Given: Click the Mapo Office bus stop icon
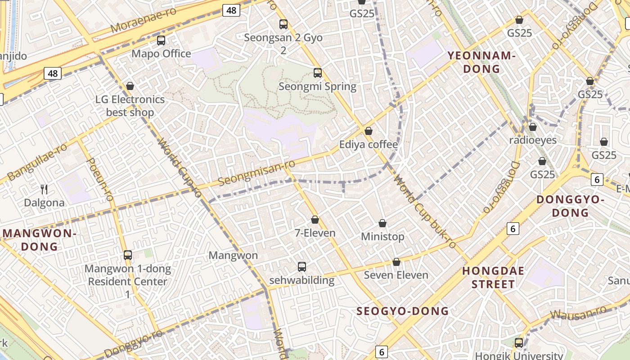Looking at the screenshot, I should coord(161,40).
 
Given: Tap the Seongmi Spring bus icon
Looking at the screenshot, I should coord(318,73).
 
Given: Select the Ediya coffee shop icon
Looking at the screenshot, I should coord(369,131).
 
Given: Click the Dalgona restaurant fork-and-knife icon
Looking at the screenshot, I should coord(44,189).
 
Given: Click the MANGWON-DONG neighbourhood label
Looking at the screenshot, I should coord(40,240).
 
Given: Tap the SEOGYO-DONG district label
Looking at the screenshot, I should coord(403,311).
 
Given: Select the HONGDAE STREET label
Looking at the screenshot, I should coord(494,278).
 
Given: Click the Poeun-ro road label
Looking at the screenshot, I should coord(99,179).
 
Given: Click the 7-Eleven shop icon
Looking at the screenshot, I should coord(315,220).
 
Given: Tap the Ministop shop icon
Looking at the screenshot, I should coord(382,223).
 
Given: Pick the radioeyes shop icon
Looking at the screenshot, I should coord(533,127).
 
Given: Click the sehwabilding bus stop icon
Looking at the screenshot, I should coord(302,267).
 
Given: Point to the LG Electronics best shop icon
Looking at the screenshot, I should coord(130,86).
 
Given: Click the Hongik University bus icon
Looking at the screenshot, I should coord(519,343).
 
